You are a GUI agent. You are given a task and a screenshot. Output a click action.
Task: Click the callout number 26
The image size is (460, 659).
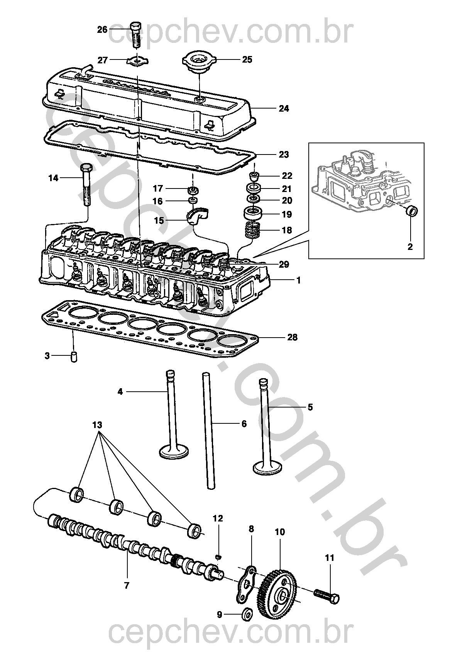click(x=102, y=30)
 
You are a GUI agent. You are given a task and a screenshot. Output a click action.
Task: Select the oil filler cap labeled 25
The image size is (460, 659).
click(x=199, y=62)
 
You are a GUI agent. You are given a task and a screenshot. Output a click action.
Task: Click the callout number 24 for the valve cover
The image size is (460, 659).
click(x=284, y=109)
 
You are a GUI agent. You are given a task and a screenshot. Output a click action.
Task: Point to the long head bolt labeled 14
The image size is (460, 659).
click(x=86, y=185)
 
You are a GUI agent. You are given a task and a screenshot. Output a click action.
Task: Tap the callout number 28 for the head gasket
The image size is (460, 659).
click(x=293, y=337)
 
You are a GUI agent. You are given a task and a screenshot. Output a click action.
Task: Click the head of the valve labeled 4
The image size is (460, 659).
click(x=174, y=451)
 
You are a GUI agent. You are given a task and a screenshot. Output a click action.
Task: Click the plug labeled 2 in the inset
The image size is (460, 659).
click(x=413, y=211)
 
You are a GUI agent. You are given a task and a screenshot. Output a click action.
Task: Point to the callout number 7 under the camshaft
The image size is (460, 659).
click(x=126, y=585)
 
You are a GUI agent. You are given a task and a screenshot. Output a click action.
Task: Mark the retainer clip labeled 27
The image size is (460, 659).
click(x=138, y=61)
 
